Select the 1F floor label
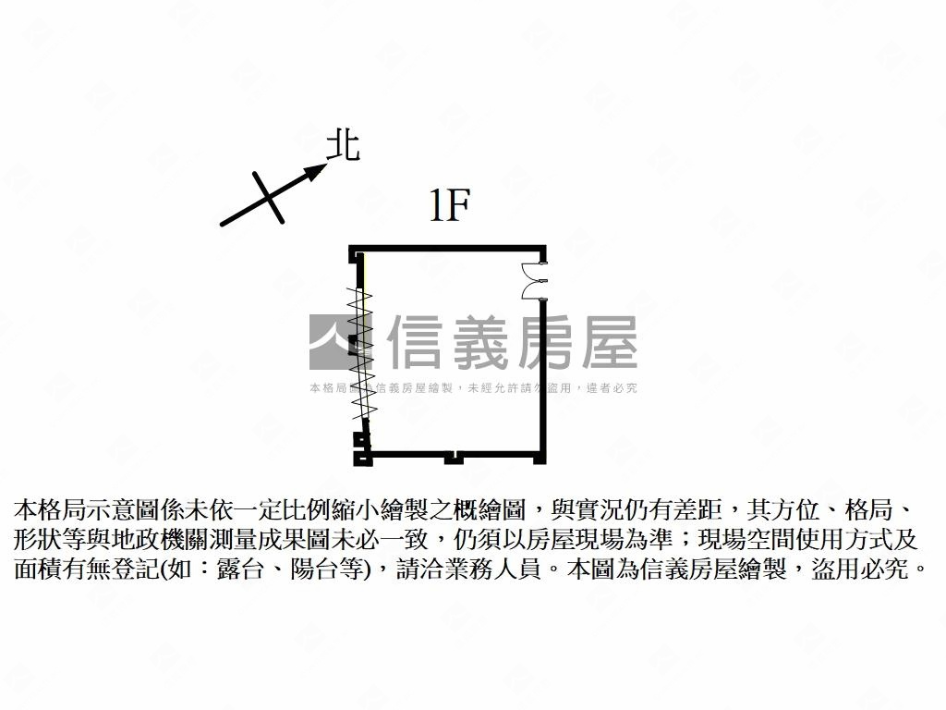(x=450, y=205)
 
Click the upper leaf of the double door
(x=532, y=269)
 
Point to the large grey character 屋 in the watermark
(x=608, y=342)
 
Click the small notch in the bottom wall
(x=453, y=456)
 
